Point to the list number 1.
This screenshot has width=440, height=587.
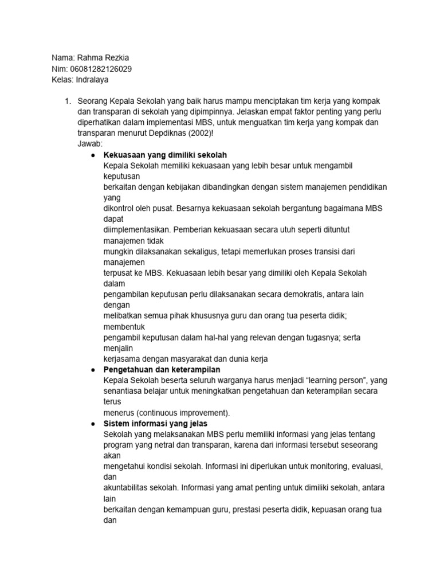pyautogui.click(x=68, y=101)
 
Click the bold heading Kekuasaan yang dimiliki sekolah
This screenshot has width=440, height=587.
pyautogui.click(x=165, y=155)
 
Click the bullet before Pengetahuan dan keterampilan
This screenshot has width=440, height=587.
pyautogui.click(x=93, y=370)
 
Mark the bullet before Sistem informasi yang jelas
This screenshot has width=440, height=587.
pyautogui.click(x=93, y=424)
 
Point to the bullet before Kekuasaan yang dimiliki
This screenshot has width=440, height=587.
pyautogui.click(x=93, y=155)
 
